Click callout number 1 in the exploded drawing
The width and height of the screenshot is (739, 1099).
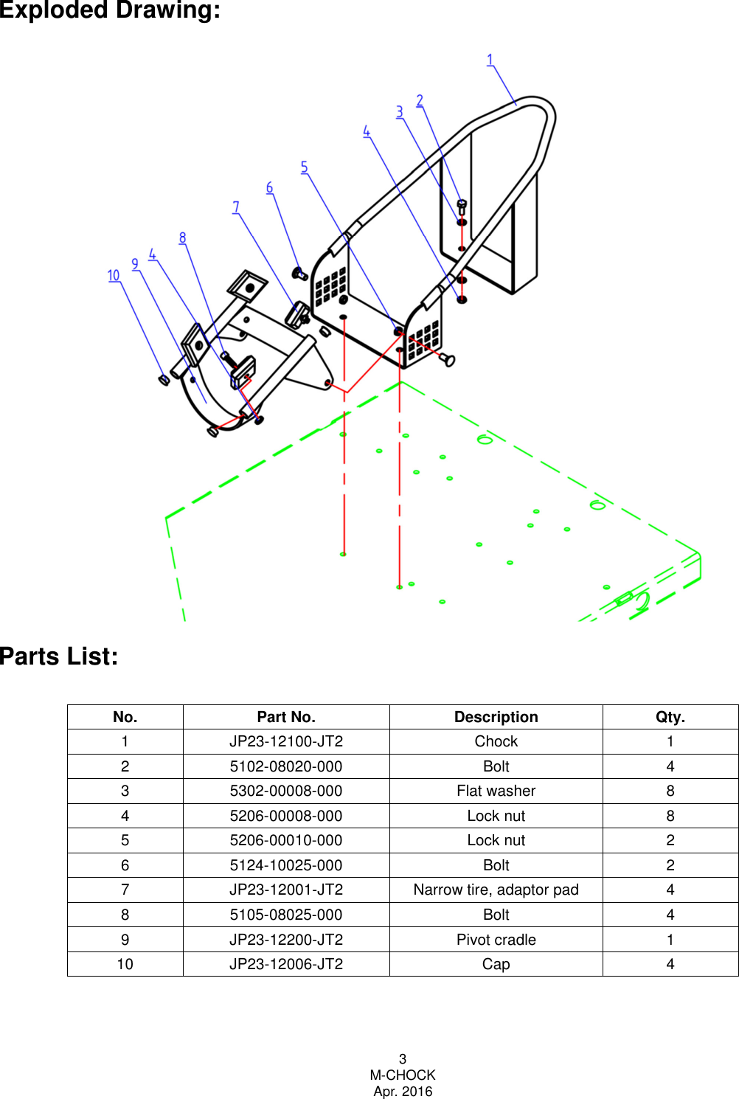490,60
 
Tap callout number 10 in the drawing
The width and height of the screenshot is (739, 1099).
114,275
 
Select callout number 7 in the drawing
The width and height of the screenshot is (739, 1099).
236,207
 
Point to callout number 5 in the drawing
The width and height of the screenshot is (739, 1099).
304,167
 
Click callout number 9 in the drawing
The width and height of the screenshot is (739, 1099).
135,264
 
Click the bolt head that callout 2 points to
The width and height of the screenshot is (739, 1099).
462,204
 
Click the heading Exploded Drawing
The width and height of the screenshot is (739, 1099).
110,11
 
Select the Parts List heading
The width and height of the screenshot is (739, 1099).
59,656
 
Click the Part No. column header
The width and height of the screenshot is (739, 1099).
286,717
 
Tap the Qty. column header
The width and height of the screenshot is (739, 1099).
670,717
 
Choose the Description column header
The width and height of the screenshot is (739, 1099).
496,717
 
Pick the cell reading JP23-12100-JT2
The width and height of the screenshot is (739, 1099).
286,741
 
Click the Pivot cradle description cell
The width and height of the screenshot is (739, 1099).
496,940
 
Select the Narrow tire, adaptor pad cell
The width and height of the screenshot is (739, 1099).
496,890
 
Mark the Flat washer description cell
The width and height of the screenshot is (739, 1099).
496,791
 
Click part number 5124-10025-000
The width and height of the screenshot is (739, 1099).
286,865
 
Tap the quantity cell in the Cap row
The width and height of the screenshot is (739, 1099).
670,964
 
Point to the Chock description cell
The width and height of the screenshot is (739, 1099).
496,741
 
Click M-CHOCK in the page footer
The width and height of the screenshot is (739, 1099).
403,1075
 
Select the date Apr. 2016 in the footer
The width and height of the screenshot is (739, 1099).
403,1092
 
